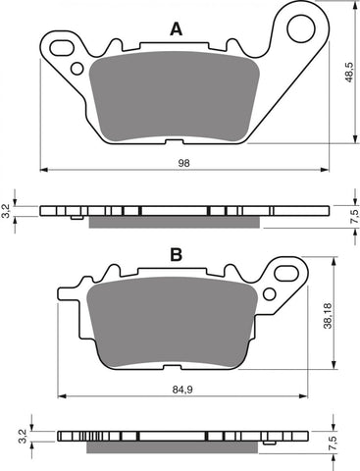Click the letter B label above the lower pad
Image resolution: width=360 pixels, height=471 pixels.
176,255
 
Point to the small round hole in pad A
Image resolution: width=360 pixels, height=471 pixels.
77,68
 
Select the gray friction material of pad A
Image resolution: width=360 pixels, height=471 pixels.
177,98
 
